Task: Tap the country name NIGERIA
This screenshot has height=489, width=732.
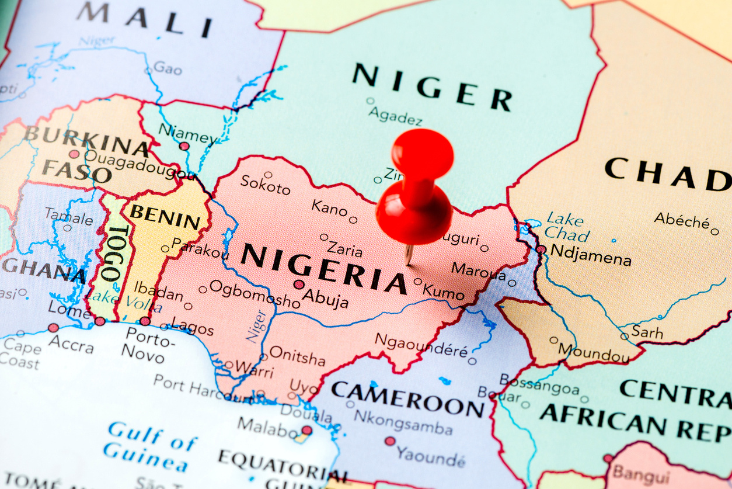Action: tap(323, 266)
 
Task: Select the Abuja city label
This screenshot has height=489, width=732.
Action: tap(326, 299)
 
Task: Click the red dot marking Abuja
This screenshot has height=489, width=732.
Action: tap(299, 285)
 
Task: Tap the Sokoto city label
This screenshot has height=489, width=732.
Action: tap(265, 185)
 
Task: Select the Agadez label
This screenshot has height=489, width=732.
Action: tap(395, 116)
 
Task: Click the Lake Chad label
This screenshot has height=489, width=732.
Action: tap(566, 227)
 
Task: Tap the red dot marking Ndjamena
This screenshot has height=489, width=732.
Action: tap(541, 249)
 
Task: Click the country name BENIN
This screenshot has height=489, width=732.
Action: tap(165, 217)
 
